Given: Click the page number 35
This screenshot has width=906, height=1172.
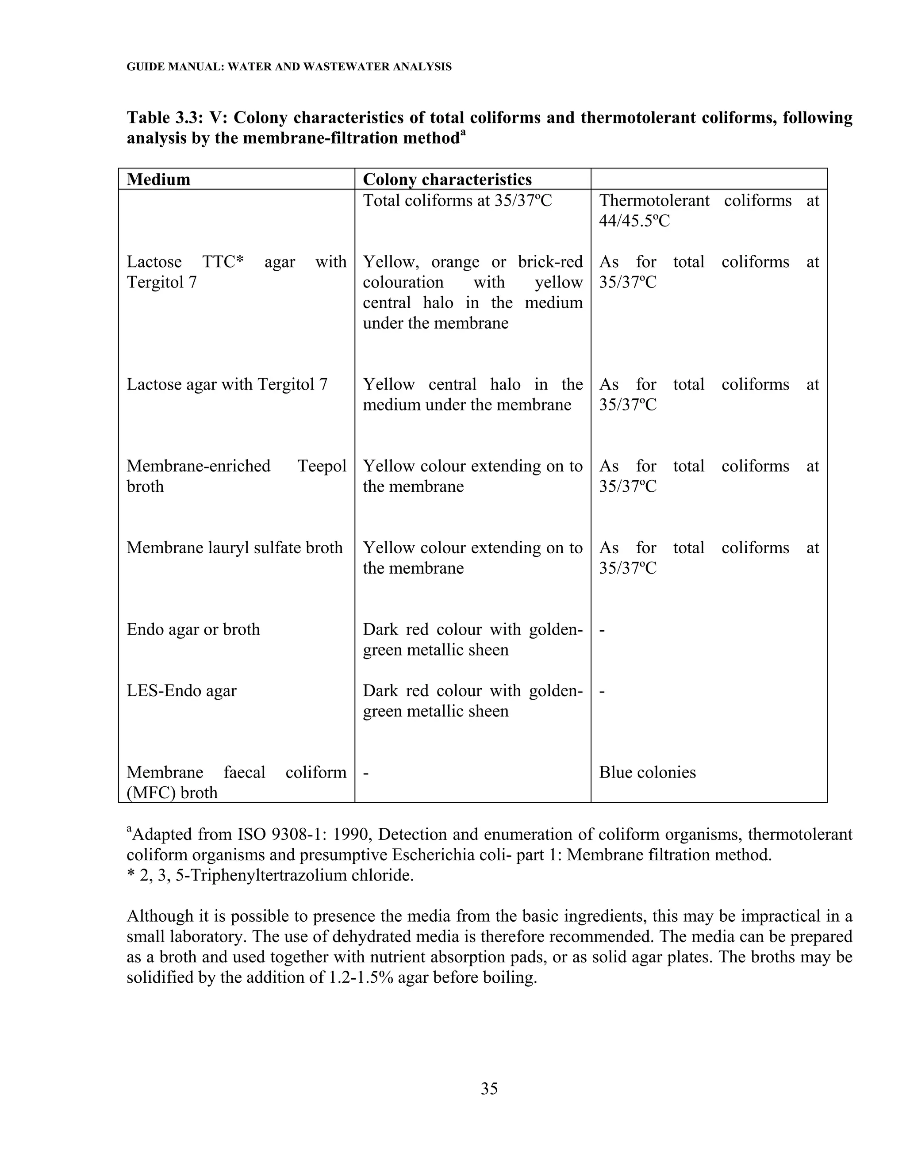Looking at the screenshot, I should pos(489,1089).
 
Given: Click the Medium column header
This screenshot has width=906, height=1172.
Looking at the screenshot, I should pos(158,179).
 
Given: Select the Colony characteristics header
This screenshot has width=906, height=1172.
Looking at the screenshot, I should pos(447,179).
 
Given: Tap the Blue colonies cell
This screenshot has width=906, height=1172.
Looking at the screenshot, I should pos(647,772).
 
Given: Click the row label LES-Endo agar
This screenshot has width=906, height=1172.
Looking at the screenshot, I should pos(181,691).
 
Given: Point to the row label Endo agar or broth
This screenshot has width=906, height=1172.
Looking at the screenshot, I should pos(193,629).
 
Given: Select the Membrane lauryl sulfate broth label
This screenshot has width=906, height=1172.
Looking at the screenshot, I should pos(234,548).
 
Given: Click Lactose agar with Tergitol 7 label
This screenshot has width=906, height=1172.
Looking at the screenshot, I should pos(226,385).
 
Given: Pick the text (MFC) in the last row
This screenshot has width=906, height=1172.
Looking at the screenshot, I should pos(143,793).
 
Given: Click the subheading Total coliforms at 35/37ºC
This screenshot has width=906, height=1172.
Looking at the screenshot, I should pos(457,201).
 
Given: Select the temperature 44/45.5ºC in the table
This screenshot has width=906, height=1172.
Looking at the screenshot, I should pos(634,221).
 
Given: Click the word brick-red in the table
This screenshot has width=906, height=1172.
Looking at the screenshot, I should pos(550,262).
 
